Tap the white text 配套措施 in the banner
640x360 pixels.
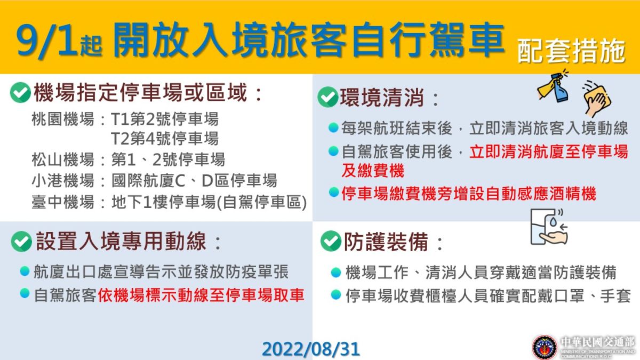click(x=571, y=52)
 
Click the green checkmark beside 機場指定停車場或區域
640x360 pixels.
click(x=20, y=93)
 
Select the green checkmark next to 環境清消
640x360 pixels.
click(x=327, y=97)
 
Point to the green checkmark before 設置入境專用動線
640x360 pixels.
click(x=21, y=242)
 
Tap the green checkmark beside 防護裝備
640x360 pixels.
click(x=331, y=241)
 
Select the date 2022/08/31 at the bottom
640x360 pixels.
click(x=311, y=349)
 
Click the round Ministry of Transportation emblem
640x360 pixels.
click(x=545, y=347)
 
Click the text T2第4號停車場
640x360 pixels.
click(x=164, y=139)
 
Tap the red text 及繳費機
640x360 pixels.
click(x=373, y=171)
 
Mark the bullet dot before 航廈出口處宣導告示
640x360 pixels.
click(x=25, y=271)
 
